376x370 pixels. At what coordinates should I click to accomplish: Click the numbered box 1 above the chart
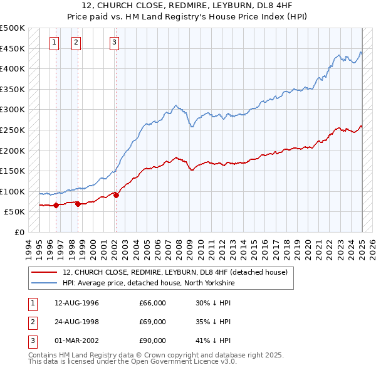pos(55,43)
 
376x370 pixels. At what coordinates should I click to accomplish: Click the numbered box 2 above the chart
pos(76,43)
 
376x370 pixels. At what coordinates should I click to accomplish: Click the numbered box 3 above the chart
pos(115,43)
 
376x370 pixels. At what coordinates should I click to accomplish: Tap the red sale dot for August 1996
pos(56,205)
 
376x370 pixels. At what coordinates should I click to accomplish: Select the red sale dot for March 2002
pos(117,195)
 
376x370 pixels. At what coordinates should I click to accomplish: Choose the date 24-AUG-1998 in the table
pos(76,322)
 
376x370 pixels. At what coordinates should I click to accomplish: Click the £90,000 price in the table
pos(152,341)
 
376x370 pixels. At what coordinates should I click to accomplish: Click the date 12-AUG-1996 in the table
pos(76,303)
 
